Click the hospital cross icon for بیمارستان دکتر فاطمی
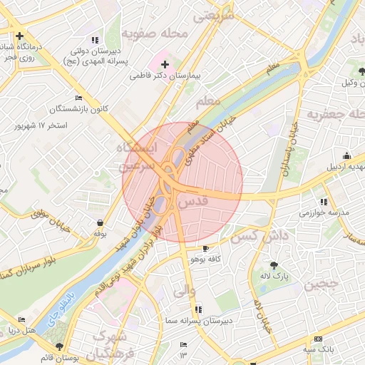click(165, 64)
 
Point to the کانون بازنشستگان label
click(78, 109)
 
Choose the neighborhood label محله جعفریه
click(335, 114)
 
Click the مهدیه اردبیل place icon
click(346, 155)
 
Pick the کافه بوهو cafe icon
click(206, 248)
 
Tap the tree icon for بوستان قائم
click(59, 346)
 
